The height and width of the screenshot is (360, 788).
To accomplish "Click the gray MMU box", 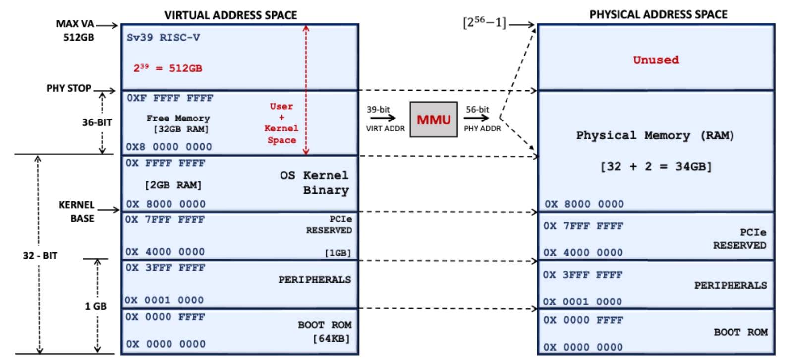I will pos(434,120).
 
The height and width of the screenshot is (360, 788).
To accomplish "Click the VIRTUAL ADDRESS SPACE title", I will pos(230,15).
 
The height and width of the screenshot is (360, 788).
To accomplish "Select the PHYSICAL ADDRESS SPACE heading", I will pos(658,15).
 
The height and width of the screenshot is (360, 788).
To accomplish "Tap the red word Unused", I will pos(656,60).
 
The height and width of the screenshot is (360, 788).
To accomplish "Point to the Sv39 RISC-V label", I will pos(163,38).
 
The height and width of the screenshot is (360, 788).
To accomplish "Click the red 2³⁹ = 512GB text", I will pos(168,68).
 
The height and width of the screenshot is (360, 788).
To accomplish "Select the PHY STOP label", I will pos(69,88).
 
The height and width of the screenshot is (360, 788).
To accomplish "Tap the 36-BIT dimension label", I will pos(97,122).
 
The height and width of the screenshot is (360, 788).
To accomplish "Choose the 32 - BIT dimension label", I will pos(40,256).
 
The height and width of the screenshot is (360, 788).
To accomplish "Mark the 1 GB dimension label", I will pos(96,306).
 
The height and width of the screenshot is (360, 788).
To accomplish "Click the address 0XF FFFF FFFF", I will pos(169,98).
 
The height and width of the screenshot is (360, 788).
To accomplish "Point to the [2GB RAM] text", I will pos(173,185).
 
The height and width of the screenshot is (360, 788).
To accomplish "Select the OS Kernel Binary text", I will pos(315,182).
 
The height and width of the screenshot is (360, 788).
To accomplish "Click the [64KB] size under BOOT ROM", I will pos(331,339).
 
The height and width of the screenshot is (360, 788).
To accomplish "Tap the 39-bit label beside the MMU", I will pos(378,110).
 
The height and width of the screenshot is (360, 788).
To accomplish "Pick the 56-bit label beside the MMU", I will pos(477,110).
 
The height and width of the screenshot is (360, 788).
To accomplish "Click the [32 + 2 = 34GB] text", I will pos(656,167).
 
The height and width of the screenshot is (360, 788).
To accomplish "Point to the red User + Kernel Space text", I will pos(281,123).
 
